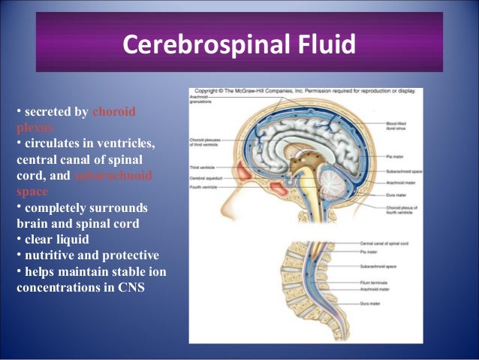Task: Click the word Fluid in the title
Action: (x=324, y=46)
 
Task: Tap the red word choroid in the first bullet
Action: (x=113, y=112)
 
